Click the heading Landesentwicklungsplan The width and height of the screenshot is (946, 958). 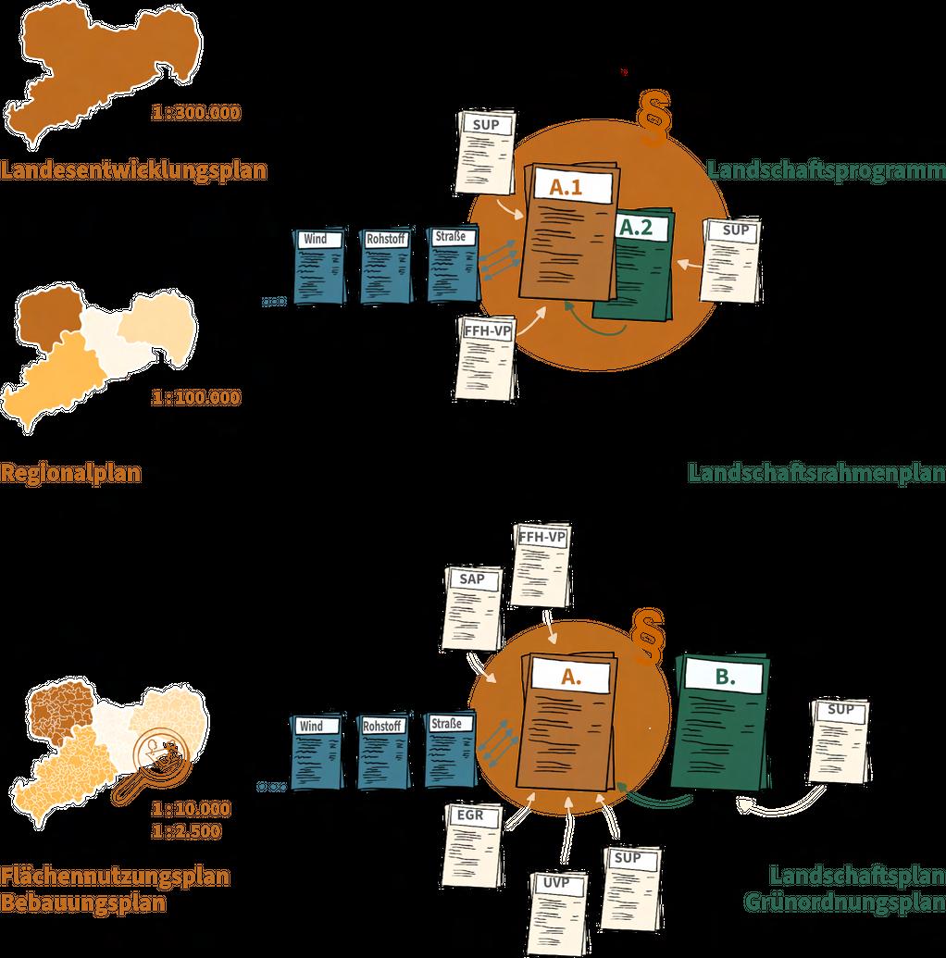(x=134, y=170)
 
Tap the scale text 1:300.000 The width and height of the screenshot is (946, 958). (x=196, y=114)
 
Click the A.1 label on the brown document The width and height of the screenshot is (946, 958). (x=567, y=187)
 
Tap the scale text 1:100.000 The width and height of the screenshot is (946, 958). (x=196, y=398)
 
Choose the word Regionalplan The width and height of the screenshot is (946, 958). (x=70, y=474)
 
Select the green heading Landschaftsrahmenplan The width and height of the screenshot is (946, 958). (x=815, y=473)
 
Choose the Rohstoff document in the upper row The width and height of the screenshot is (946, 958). (x=384, y=265)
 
